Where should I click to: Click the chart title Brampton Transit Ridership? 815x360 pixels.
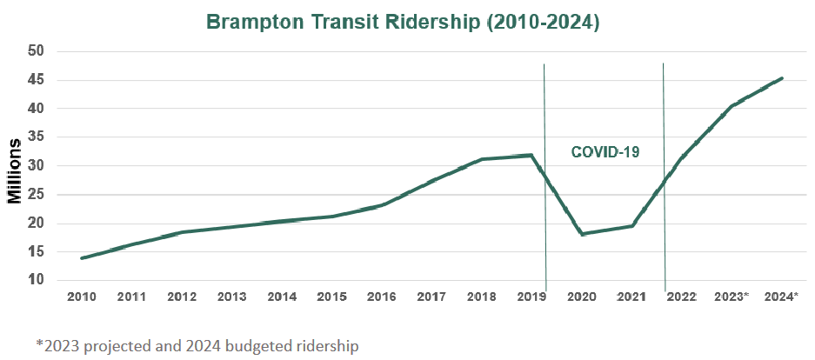click(x=403, y=22)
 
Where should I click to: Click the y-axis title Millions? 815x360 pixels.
click(x=15, y=170)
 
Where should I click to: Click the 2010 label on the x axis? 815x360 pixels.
click(x=82, y=297)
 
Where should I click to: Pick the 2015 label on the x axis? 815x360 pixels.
click(x=331, y=297)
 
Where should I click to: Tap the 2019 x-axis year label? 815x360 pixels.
click(x=531, y=297)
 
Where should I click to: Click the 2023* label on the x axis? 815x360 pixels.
click(x=731, y=297)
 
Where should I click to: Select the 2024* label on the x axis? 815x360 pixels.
click(x=781, y=297)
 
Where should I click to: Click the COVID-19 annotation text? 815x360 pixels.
click(x=605, y=152)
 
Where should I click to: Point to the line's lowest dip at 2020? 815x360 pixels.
click(x=581, y=234)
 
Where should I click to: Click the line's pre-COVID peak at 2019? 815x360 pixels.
click(x=531, y=155)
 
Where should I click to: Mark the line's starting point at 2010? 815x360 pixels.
click(x=82, y=257)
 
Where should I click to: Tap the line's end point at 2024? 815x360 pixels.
click(x=782, y=78)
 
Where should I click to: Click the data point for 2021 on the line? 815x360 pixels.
click(x=631, y=226)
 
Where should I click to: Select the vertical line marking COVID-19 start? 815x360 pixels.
click(x=544, y=174)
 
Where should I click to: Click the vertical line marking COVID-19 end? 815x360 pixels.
click(x=664, y=174)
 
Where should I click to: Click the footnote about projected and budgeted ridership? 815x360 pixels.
click(x=197, y=345)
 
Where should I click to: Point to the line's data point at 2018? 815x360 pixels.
click(x=482, y=159)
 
